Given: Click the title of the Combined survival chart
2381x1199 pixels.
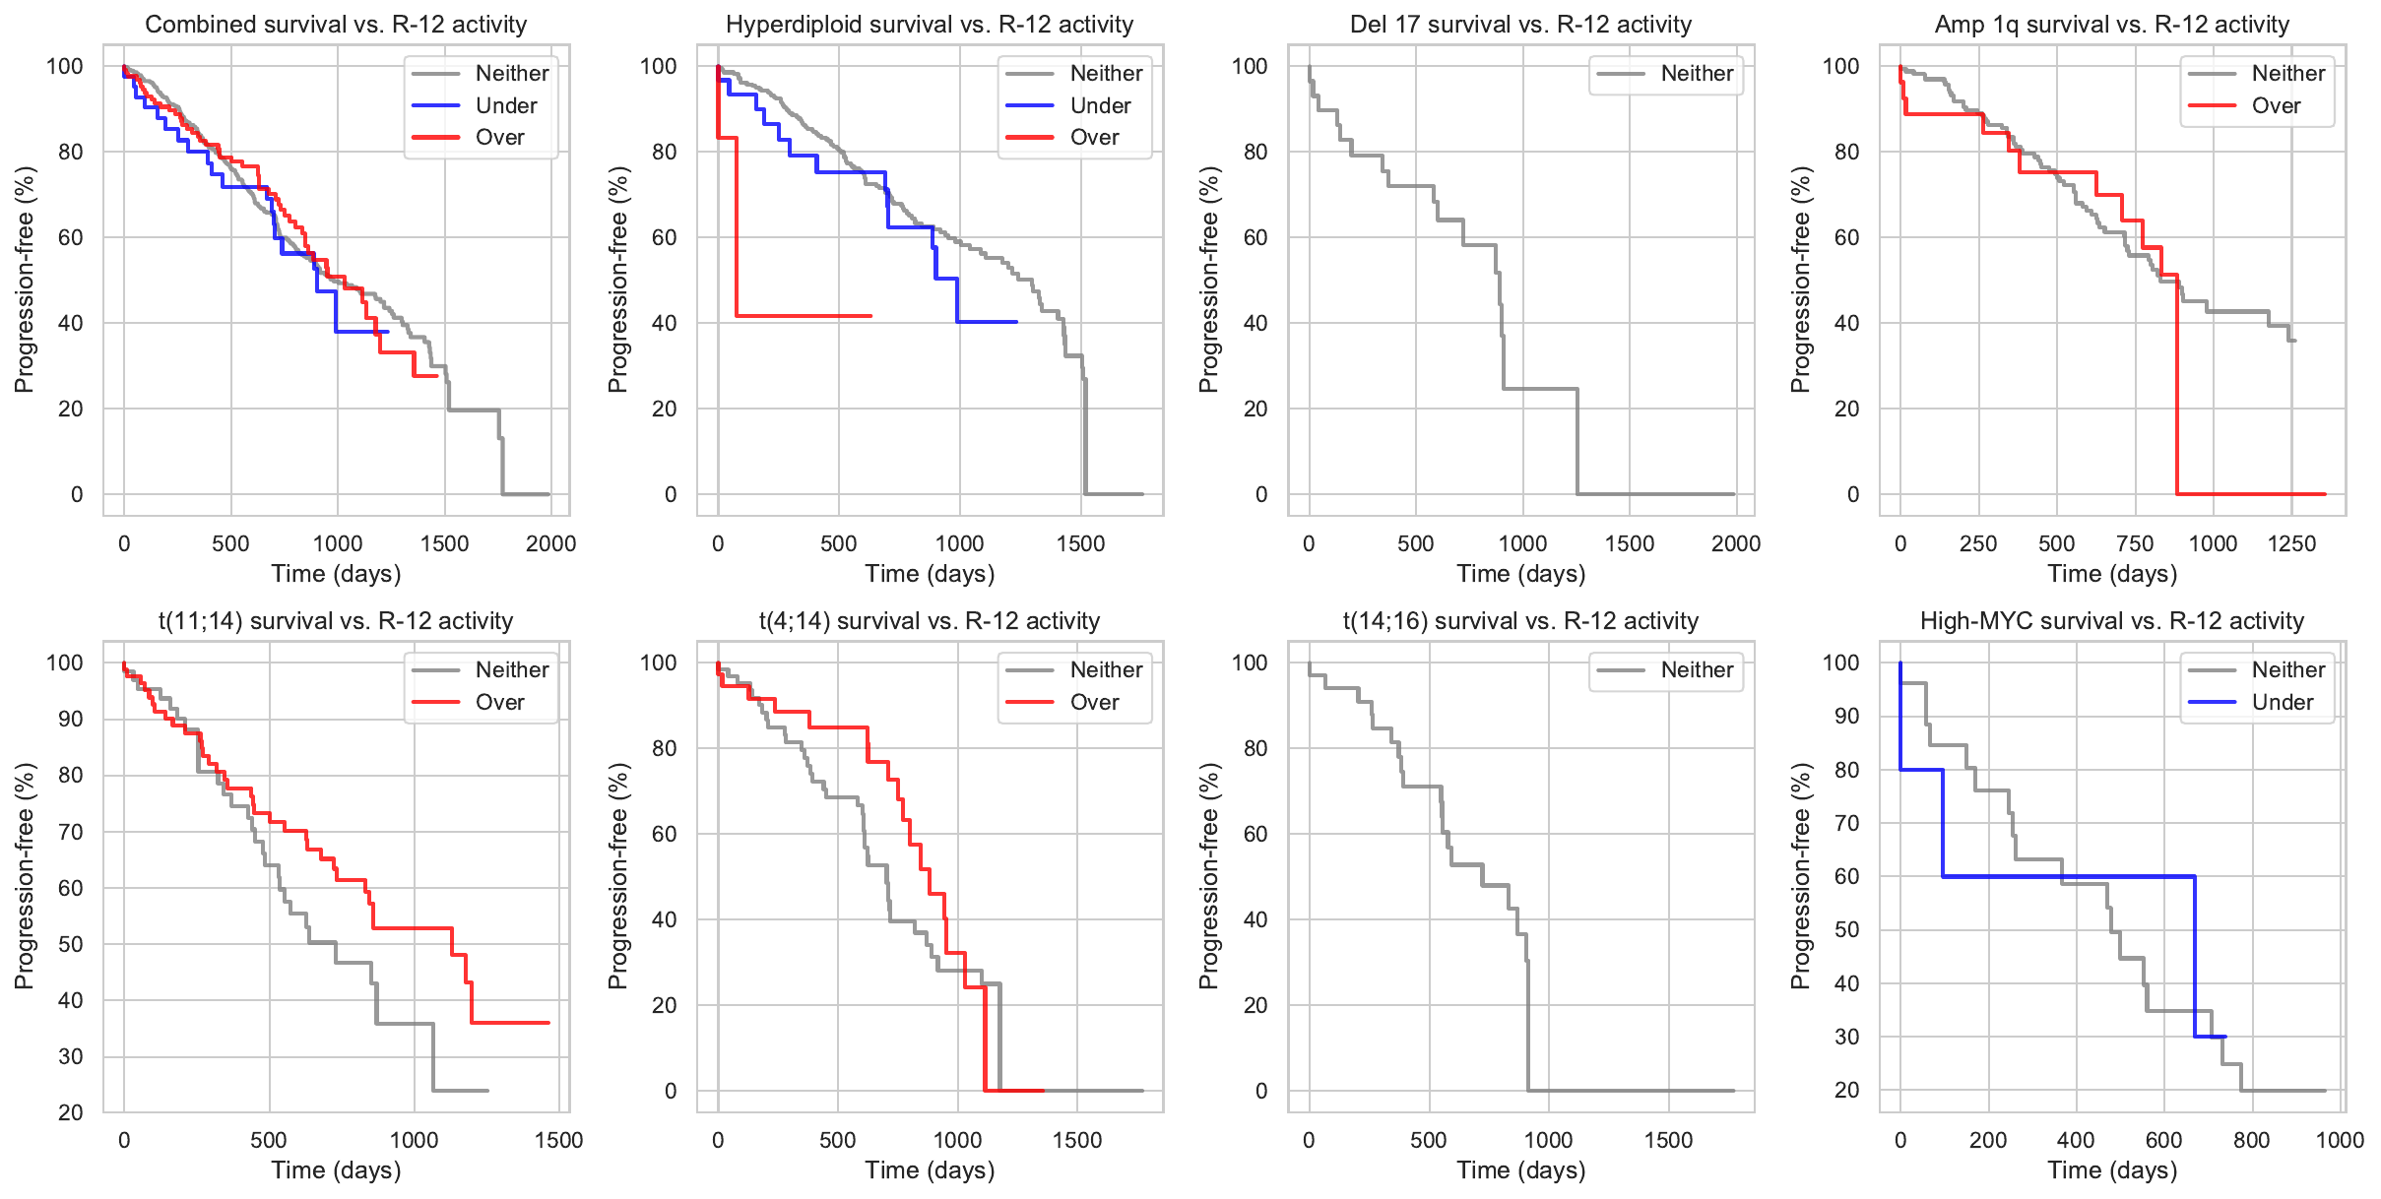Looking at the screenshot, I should point(336,25).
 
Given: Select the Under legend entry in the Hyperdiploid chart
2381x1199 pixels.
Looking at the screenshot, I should point(1100,105).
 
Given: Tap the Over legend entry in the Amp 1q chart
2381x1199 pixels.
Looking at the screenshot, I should point(2276,105).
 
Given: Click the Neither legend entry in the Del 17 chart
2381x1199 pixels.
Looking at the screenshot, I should point(1697,73).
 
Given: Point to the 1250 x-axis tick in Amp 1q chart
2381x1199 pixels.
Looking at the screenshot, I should point(2291,543).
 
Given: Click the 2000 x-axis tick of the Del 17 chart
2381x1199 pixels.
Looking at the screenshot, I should point(1735,543).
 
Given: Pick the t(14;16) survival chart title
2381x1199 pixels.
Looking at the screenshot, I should point(1520,621).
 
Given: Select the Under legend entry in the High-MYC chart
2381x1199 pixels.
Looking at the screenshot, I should point(2282,702).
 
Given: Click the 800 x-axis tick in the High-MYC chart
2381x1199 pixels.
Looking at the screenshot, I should point(2251,1140).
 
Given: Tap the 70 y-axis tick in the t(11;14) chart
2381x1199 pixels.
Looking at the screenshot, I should point(71,832).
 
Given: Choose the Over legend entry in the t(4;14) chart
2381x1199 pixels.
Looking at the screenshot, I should point(1094,702).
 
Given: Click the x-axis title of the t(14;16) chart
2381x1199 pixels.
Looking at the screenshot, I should point(1520,1170).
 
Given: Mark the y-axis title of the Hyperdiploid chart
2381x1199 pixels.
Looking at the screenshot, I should point(617,280).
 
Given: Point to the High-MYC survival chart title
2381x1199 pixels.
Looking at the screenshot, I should point(2111,621).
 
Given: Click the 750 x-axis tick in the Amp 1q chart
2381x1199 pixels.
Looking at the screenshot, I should point(2135,543).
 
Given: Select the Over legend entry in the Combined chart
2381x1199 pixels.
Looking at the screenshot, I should point(499,137).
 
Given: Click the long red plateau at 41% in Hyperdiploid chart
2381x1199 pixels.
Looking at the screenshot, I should point(803,316).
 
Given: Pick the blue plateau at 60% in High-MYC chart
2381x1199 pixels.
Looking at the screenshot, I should point(2068,876).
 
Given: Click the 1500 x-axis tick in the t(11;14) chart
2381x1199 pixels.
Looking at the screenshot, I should point(558,1140).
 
